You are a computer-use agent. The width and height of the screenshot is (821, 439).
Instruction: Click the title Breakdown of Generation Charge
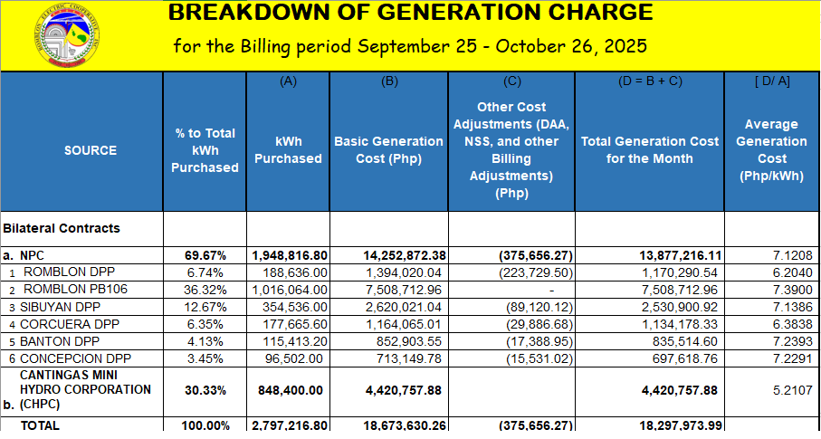tap(410, 13)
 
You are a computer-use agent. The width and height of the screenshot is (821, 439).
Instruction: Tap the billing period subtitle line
tap(410, 45)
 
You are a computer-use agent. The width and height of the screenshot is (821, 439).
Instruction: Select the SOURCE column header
tap(91, 150)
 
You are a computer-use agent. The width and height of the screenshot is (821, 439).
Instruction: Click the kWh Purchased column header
tap(288, 150)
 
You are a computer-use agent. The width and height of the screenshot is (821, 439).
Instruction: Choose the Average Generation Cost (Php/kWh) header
tap(771, 150)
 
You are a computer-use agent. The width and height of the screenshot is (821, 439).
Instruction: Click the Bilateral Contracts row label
tap(62, 229)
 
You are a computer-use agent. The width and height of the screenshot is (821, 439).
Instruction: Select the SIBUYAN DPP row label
tap(62, 307)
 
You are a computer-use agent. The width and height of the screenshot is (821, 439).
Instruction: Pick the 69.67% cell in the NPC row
tap(205, 256)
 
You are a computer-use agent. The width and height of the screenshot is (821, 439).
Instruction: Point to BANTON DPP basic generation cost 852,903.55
tap(405, 341)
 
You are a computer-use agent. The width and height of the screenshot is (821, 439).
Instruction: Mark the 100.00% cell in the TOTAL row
tap(205, 425)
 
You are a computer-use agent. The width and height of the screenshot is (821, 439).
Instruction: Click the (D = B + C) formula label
tap(650, 81)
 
